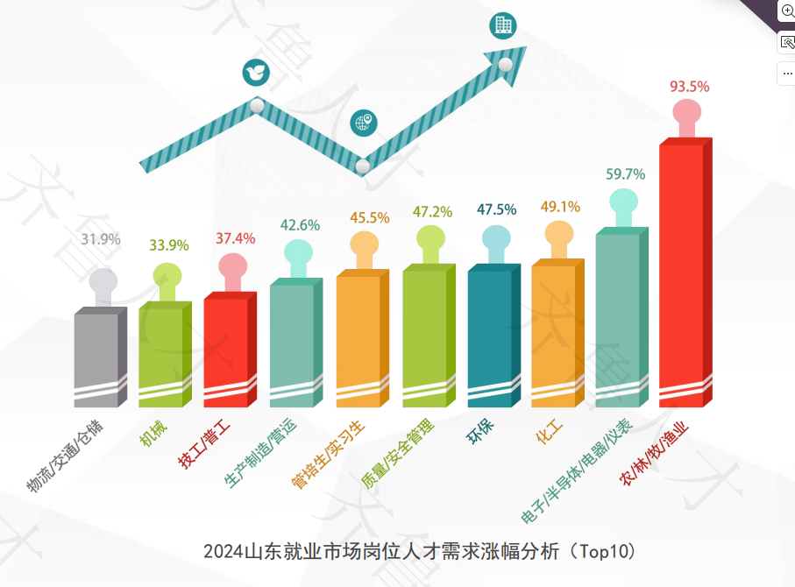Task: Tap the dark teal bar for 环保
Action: (489, 337)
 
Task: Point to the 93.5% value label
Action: (689, 87)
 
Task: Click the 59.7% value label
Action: (625, 174)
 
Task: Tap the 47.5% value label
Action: (496, 210)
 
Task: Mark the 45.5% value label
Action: (369, 217)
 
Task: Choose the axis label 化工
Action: (549, 432)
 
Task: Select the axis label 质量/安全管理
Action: (397, 454)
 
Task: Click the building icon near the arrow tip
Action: (502, 25)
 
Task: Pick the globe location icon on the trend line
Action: (363, 123)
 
